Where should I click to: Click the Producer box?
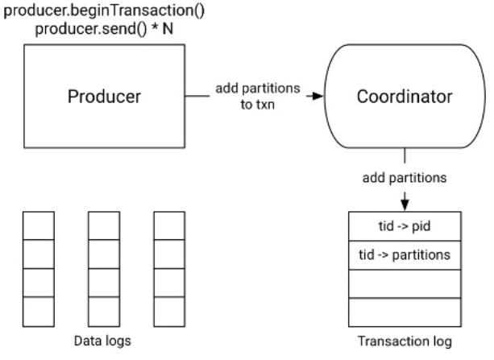pos(105,97)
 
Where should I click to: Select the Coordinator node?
pos(404,97)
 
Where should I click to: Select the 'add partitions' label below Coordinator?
pos(404,176)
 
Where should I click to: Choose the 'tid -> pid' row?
pos(404,227)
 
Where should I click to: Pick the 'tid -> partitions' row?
pos(404,255)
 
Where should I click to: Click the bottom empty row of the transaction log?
pos(404,311)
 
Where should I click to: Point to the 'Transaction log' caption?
pos(404,341)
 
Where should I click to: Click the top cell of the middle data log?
pos(104,226)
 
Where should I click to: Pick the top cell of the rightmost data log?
pos(169,226)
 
